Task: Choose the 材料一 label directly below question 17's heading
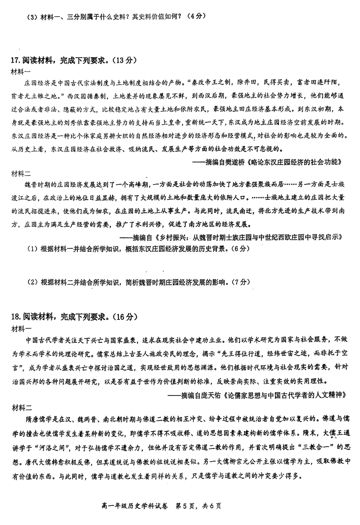(21, 72)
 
